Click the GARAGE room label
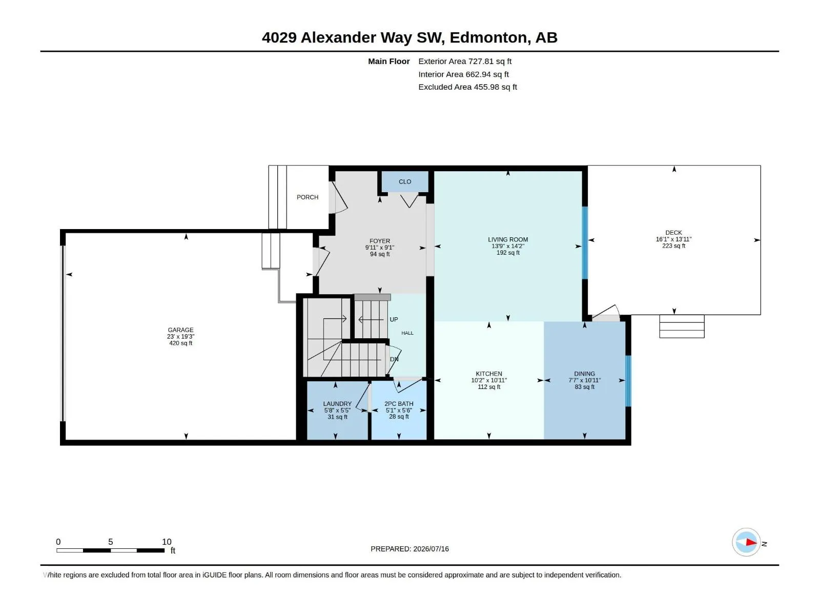(180, 330)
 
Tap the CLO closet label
(404, 182)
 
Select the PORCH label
(307, 197)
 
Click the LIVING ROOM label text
(508, 239)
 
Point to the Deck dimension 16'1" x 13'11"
(673, 239)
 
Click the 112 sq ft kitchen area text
(488, 387)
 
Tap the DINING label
(584, 374)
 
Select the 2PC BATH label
(399, 404)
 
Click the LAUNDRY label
(337, 404)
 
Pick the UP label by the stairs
(394, 320)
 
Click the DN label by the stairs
(394, 359)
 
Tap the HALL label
(407, 333)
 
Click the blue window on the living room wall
(585, 243)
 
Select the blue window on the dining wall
(628, 381)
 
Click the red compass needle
(751, 542)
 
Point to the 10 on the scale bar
(167, 542)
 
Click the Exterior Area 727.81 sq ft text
(465, 61)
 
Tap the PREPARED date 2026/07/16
(430, 549)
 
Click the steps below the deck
(682, 326)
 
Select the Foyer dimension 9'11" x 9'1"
(380, 248)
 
